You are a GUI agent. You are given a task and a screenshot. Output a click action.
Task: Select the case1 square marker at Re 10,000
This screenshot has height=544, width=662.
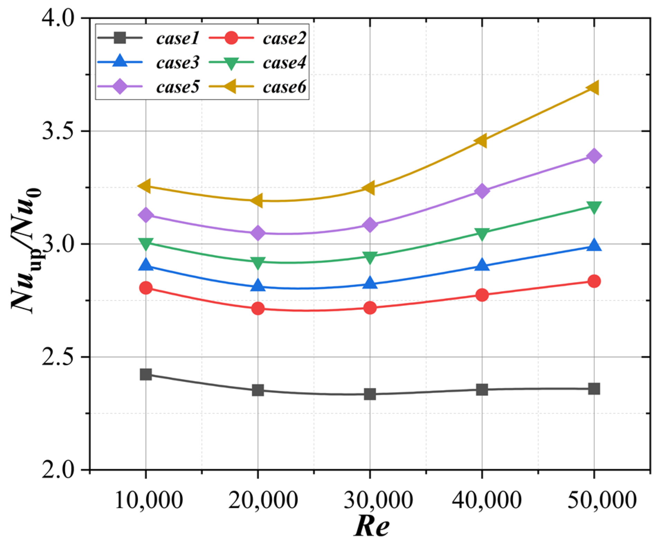(x=146, y=374)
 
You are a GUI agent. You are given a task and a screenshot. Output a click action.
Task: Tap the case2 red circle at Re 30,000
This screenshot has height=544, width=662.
(x=370, y=307)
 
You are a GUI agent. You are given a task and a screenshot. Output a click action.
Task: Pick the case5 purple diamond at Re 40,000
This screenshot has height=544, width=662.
(x=482, y=191)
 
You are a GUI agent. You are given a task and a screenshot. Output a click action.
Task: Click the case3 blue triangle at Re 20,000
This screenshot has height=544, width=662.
(x=258, y=286)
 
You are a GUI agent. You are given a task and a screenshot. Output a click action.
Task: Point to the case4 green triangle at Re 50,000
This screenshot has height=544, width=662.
(x=594, y=207)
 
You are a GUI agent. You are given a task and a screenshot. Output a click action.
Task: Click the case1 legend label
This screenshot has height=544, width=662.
(x=178, y=38)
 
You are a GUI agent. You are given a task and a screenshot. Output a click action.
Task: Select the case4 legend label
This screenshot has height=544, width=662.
(x=284, y=63)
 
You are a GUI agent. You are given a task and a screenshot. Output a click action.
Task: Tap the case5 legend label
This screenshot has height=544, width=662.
(x=178, y=87)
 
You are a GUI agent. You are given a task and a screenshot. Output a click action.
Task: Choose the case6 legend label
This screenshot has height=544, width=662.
(x=284, y=87)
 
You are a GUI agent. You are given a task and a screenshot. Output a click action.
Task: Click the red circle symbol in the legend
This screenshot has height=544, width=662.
(x=231, y=38)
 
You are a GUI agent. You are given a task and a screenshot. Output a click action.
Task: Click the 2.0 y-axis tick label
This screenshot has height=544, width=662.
(x=58, y=470)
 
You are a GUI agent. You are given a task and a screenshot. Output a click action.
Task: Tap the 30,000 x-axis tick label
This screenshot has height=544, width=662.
(x=378, y=500)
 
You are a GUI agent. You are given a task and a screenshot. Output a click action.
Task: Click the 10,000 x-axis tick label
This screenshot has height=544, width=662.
(x=148, y=500)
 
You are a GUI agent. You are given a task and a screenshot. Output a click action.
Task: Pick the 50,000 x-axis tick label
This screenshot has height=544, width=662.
(x=602, y=500)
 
